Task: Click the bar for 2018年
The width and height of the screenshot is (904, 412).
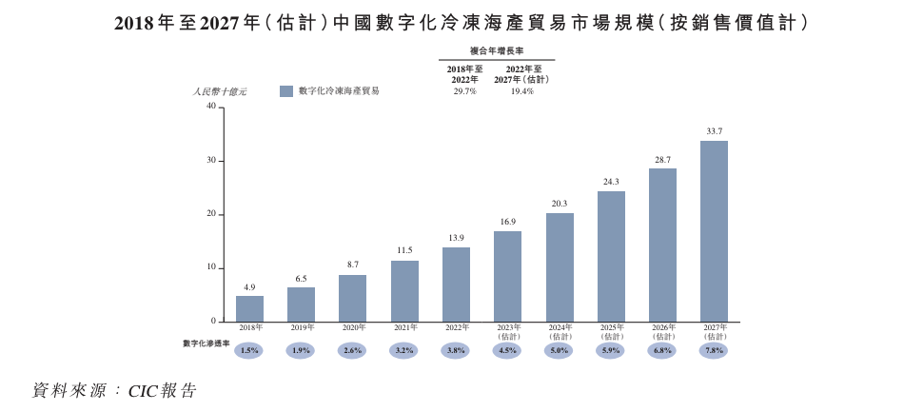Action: click(x=249, y=308)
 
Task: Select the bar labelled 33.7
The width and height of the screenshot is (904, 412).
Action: click(x=714, y=231)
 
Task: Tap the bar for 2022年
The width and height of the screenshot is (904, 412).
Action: click(x=456, y=284)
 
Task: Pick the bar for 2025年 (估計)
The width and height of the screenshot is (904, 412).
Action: click(x=611, y=257)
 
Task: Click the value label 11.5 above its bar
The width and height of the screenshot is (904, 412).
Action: click(x=404, y=250)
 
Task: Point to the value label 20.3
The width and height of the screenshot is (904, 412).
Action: click(x=560, y=203)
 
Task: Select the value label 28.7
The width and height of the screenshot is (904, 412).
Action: click(x=662, y=159)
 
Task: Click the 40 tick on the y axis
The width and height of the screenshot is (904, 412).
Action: click(x=212, y=107)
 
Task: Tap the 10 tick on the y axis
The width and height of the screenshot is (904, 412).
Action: click(x=212, y=267)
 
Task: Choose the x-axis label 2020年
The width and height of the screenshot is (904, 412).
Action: click(x=353, y=328)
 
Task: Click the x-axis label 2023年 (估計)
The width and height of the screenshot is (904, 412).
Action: click(x=507, y=332)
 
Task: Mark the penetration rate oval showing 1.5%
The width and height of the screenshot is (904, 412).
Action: click(x=249, y=350)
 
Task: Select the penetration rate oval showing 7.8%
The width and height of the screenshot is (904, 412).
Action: click(x=714, y=350)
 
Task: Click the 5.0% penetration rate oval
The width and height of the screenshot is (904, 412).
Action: click(x=560, y=350)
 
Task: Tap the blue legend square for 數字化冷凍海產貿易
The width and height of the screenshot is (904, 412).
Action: click(x=285, y=91)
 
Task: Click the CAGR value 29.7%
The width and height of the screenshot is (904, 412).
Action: click(x=465, y=91)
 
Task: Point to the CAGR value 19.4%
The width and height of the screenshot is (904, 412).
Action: click(x=521, y=91)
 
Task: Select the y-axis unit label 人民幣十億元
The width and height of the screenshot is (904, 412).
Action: click(x=219, y=91)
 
